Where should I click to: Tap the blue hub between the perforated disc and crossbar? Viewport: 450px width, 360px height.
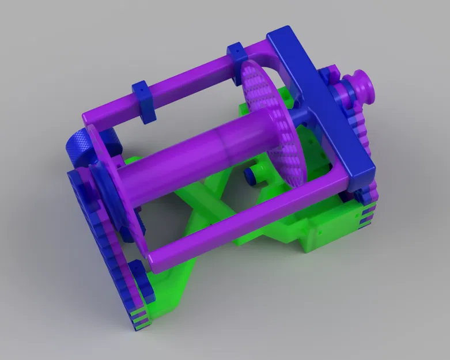(300, 115)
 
